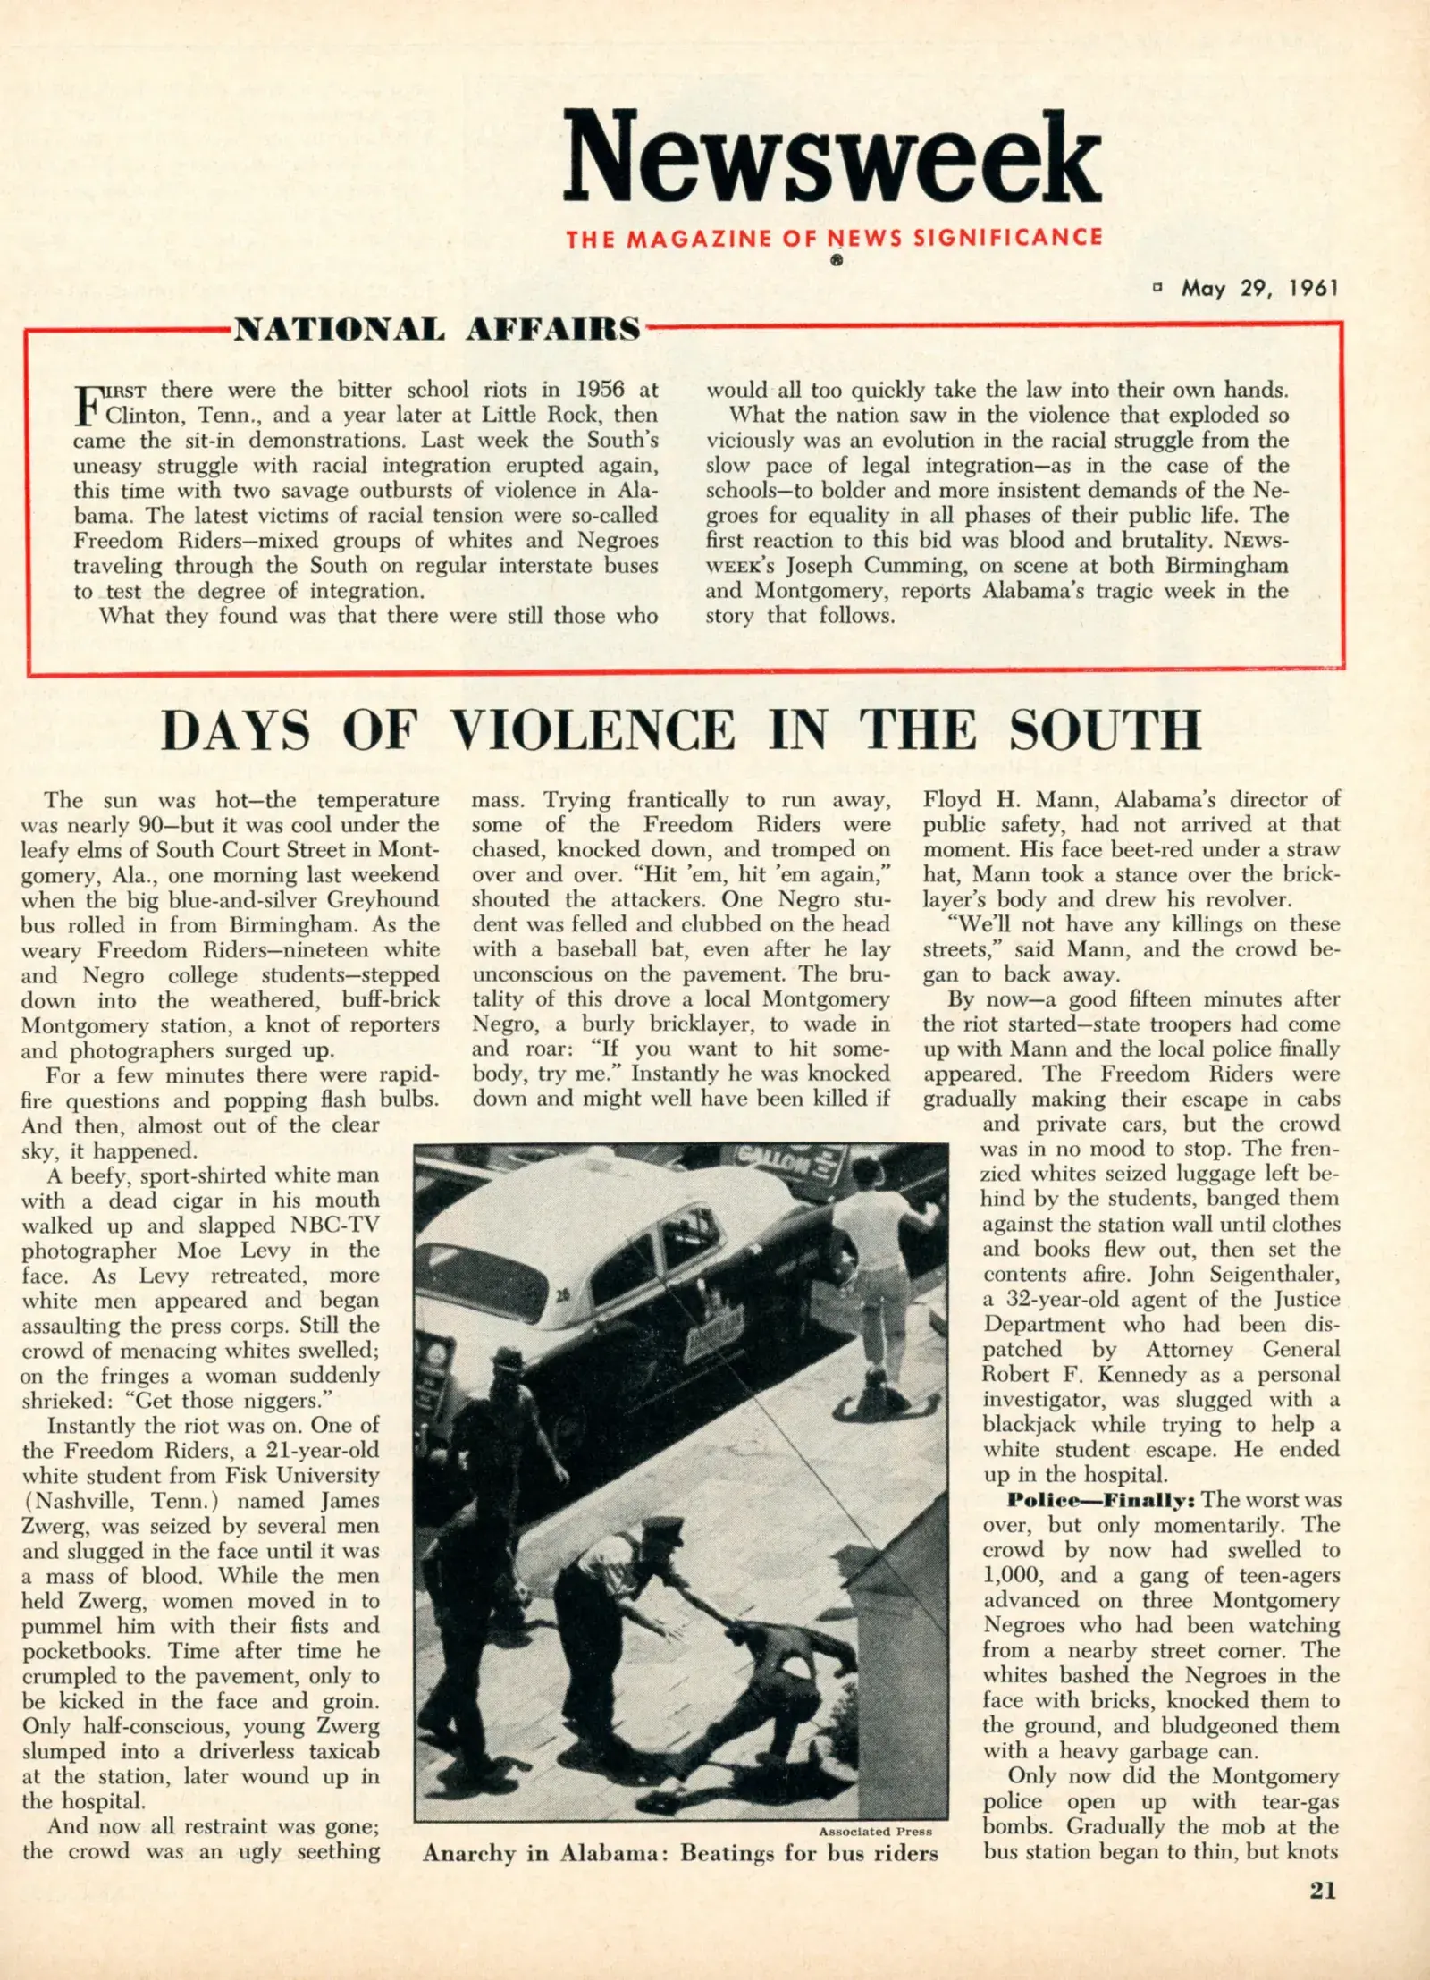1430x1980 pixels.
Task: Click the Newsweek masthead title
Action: click(832, 159)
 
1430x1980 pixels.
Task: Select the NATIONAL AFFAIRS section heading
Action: click(437, 329)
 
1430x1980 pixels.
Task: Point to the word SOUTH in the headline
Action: click(1105, 730)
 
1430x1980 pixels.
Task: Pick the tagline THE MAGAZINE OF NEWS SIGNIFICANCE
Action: click(833, 239)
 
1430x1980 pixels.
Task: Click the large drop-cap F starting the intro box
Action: click(87, 403)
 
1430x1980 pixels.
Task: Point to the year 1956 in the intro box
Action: click(606, 390)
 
